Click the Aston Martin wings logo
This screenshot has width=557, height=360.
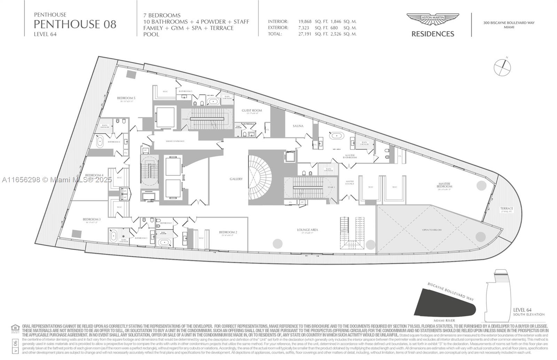(x=433, y=19)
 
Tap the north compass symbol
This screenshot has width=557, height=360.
(x=502, y=67)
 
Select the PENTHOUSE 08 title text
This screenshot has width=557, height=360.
(x=75, y=24)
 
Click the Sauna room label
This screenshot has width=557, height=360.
(x=298, y=126)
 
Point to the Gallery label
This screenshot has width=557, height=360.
(x=236, y=179)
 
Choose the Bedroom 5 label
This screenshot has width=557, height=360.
(x=126, y=98)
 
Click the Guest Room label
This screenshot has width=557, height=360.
(x=252, y=111)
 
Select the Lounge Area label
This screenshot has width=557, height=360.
(x=307, y=230)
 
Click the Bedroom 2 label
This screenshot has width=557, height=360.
(x=228, y=232)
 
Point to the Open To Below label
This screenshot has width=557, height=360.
(x=432, y=230)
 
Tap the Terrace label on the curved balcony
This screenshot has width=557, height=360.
(x=507, y=209)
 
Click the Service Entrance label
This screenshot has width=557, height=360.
(x=175, y=141)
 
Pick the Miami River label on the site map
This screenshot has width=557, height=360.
(x=444, y=320)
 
